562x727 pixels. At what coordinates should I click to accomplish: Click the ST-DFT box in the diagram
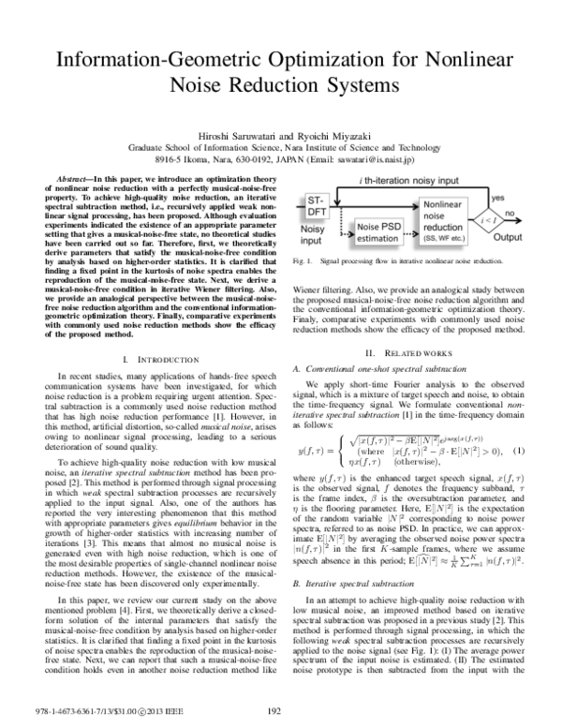click(x=317, y=208)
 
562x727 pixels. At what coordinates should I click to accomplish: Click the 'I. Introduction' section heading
click(x=151, y=360)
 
